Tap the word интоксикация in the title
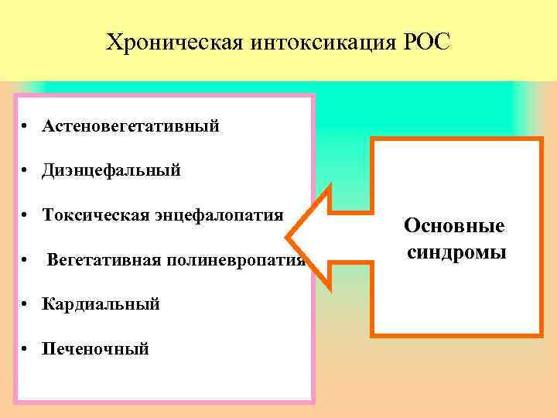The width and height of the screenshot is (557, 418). (x=323, y=41)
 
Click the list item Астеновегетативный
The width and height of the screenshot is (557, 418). (x=131, y=125)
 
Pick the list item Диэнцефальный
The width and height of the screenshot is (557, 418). (x=111, y=170)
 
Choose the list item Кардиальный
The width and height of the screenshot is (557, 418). (x=101, y=304)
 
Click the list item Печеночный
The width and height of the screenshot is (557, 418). (x=96, y=349)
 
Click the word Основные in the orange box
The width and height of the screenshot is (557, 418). (x=454, y=226)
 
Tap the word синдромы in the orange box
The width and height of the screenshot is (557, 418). (x=455, y=252)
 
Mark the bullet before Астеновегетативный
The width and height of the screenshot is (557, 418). (x=26, y=126)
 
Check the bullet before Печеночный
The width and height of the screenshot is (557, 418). (x=26, y=350)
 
